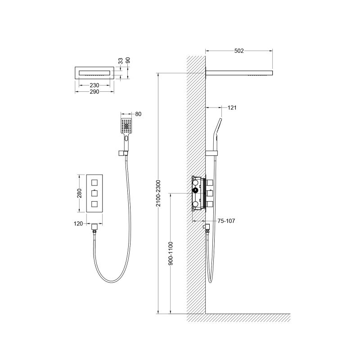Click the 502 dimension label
pos(238,51)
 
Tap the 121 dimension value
pos(232,108)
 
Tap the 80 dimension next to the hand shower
pos(138,114)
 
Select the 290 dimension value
pos(94,91)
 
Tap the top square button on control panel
pos(94,182)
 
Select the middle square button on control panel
pos(94,193)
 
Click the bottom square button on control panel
pos(94,204)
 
